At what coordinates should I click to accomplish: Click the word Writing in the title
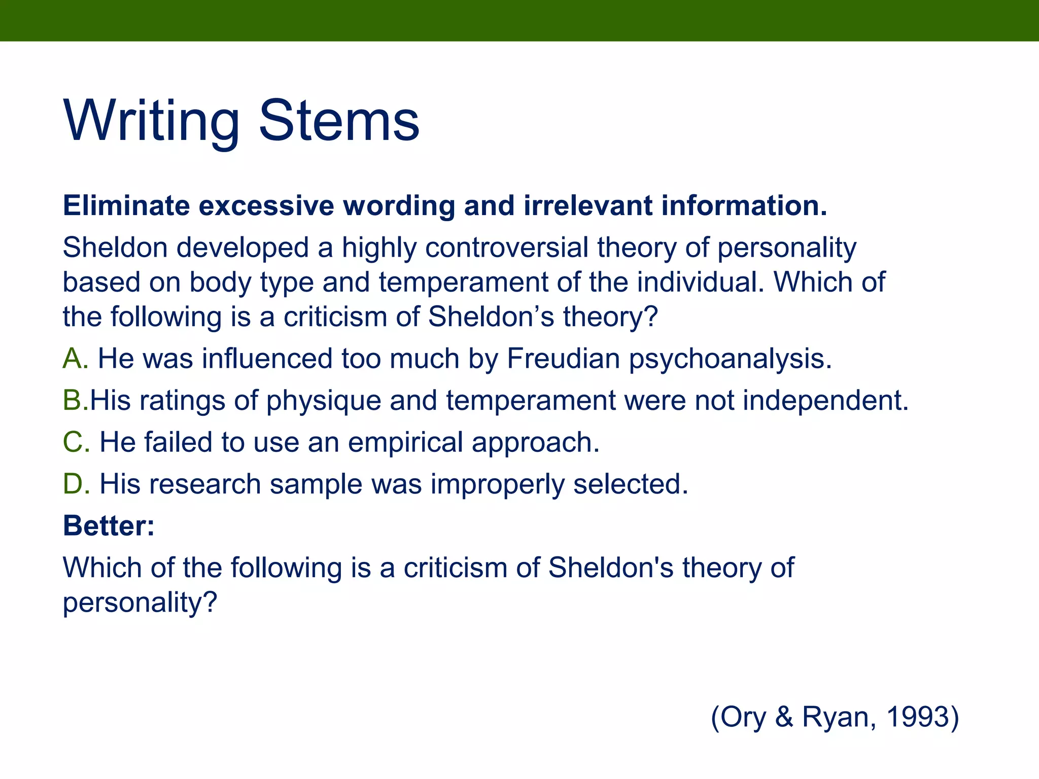[151, 122]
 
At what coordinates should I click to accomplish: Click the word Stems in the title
[339, 122]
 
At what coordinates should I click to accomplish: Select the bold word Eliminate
[126, 206]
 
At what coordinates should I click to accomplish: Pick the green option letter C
[75, 442]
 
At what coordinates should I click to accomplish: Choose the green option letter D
[75, 484]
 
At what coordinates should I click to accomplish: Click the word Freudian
[563, 359]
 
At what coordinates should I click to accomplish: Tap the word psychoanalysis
[730, 360]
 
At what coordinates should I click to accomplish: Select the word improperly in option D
[497, 485]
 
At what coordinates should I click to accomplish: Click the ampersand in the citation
[784, 717]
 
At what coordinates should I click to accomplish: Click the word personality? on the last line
[140, 603]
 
